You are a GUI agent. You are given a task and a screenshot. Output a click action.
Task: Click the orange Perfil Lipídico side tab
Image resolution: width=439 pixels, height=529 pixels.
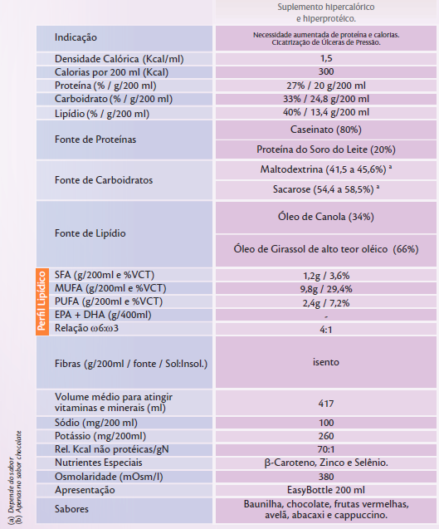coord(42,301)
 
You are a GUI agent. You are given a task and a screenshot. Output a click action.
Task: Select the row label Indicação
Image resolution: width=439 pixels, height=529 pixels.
coord(76,37)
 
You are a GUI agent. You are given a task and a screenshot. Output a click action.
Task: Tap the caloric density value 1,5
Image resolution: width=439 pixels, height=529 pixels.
coord(326,58)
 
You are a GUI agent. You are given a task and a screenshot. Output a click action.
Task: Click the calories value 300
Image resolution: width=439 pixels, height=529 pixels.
coord(326,71)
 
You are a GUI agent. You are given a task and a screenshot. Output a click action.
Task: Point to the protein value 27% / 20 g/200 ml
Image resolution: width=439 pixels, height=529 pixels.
coord(326,86)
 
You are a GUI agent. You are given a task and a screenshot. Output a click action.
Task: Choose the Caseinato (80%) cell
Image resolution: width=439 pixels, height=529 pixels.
coord(326,130)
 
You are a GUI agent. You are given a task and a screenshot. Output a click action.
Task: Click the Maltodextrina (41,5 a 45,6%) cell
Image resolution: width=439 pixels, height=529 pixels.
coord(326,169)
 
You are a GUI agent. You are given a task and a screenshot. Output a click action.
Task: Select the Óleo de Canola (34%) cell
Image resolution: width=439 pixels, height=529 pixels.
coord(326,217)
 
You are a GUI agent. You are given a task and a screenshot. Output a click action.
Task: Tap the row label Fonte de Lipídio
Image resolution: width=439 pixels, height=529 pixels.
coord(90,233)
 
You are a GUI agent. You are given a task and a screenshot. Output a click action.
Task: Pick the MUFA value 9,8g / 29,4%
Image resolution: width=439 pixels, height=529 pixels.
coord(326,289)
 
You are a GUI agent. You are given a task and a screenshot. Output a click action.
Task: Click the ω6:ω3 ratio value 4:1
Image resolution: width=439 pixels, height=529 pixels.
coord(326,329)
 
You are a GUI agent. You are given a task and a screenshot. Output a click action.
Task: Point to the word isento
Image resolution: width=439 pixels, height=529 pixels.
coord(326,362)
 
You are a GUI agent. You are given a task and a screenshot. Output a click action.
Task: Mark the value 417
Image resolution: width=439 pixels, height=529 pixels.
coord(326,404)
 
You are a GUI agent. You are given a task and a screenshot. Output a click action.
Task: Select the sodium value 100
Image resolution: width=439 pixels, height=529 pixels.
coord(326,423)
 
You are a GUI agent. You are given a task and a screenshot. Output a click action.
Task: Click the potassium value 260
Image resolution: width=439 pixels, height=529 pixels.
coord(326,436)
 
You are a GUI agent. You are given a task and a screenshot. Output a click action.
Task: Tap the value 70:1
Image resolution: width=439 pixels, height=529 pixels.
coord(326,449)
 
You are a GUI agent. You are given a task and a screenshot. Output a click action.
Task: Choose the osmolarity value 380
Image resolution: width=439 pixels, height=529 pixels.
coord(326,477)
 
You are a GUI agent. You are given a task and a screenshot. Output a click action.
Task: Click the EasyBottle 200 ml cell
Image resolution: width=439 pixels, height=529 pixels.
coord(326,490)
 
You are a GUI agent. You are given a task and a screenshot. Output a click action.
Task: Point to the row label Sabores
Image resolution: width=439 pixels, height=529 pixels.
coord(71,509)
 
